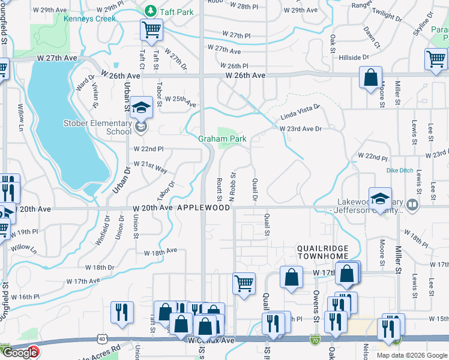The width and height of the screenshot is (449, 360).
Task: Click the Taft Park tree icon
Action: pyautogui.click(x=149, y=11)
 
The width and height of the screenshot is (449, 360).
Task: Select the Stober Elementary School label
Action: pyautogui.click(x=97, y=127)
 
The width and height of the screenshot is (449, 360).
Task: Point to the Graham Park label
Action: pyautogui.click(x=223, y=139)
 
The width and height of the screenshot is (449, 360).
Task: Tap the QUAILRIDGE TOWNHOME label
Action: pyautogui.click(x=322, y=252)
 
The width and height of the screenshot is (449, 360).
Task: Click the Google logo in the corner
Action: pyautogui.click(x=20, y=353)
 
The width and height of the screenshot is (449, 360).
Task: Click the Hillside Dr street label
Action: pyautogui.click(x=354, y=58)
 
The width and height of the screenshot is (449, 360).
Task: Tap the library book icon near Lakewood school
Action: pyautogui.click(x=412, y=205)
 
